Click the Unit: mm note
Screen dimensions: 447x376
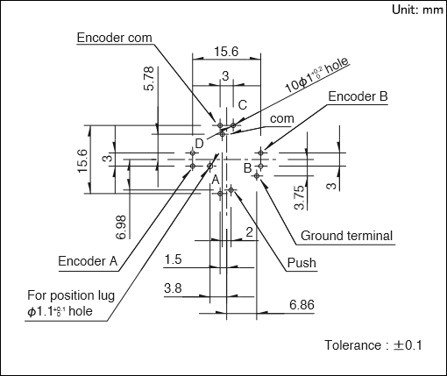417,10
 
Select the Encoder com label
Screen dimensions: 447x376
115,38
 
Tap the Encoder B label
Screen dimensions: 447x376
358,96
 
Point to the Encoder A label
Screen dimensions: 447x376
88,261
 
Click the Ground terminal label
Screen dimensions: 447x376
346,236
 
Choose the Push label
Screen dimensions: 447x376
302,263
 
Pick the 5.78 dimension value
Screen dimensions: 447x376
149,78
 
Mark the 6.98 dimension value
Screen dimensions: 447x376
121,227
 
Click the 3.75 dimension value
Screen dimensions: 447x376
300,198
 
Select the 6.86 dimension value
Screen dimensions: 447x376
302,305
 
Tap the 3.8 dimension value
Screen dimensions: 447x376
173,288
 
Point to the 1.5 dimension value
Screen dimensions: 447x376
173,259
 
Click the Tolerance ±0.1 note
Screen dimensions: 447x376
373,345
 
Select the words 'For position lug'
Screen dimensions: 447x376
71,295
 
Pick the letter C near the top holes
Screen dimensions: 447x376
243,105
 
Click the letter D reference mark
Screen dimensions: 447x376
199,144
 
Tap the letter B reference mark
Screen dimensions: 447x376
247,168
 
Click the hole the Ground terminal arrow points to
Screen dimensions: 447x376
257,176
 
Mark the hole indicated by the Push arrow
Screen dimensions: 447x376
231,190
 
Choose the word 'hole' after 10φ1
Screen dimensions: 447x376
337,66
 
